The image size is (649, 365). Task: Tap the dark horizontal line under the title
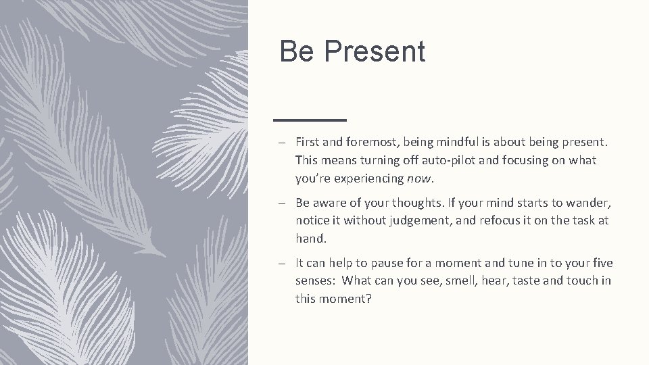310,120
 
